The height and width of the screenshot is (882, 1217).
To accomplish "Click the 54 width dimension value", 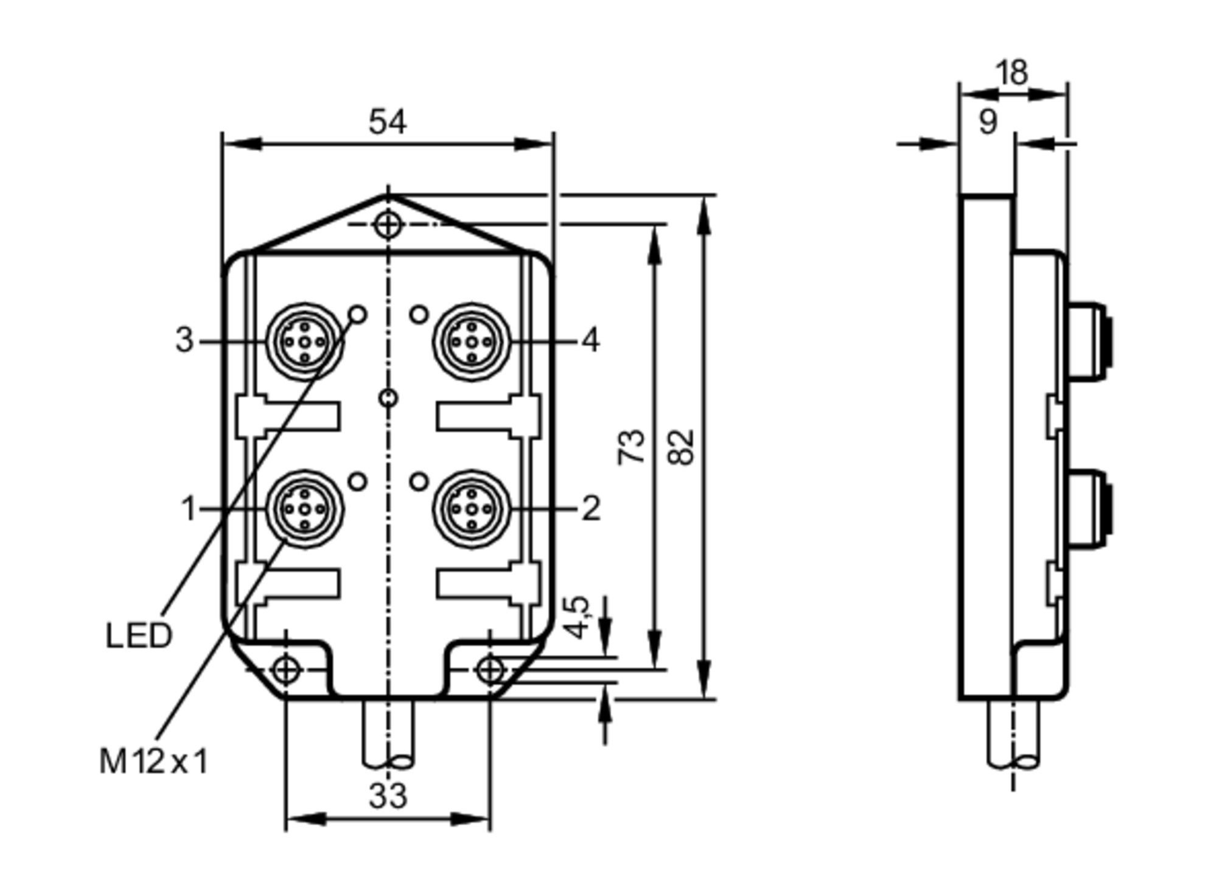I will [x=387, y=122].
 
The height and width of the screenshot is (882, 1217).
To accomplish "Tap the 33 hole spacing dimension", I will [x=387, y=796].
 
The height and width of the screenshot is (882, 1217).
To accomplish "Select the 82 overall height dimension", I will [x=681, y=448].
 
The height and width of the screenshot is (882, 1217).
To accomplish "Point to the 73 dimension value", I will [x=632, y=448].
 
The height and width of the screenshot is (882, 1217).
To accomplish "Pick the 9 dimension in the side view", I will [x=988, y=122].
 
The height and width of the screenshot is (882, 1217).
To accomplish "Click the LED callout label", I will [x=139, y=636].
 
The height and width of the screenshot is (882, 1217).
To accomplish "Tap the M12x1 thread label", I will [x=153, y=761].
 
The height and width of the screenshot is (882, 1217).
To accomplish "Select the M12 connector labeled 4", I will [x=472, y=342].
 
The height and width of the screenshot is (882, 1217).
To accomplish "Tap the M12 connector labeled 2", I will [x=472, y=509].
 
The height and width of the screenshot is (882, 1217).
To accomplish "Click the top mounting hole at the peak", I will [x=388, y=225].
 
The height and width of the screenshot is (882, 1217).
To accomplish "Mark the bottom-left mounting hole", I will [x=285, y=670].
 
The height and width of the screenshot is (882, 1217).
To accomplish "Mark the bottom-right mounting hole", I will [x=490, y=670].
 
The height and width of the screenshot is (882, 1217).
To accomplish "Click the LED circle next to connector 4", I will [x=419, y=315].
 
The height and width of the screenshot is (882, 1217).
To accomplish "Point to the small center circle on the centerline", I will [x=388, y=398].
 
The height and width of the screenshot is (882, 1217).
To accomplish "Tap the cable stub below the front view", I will [x=388, y=733].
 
